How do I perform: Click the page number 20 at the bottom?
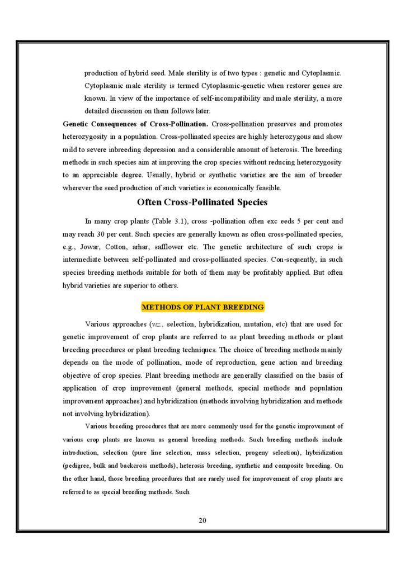pyautogui.click(x=202, y=521)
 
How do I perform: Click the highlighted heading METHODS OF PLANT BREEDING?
pyautogui.click(x=202, y=307)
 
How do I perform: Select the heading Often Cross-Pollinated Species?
pyautogui.click(x=202, y=202)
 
